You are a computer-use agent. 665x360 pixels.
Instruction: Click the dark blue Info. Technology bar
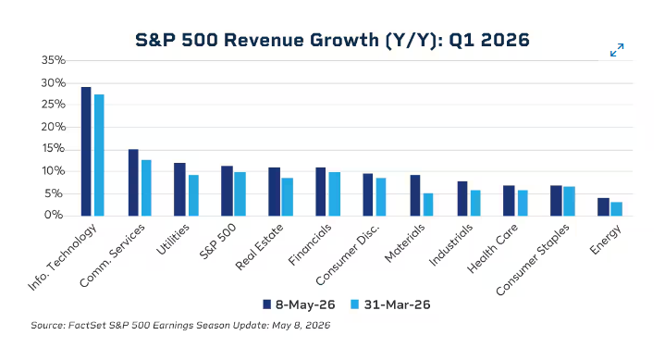tap(86, 151)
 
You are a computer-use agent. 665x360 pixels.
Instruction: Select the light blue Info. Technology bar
tap(99, 155)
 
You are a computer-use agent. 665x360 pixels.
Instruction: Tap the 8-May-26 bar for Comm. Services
tap(133, 182)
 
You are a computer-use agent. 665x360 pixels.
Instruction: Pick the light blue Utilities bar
tap(193, 195)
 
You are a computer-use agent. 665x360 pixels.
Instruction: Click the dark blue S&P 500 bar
tap(227, 191)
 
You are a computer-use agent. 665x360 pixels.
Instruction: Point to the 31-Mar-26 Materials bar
tap(428, 205)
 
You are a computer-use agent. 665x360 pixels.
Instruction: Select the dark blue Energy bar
tap(604, 206)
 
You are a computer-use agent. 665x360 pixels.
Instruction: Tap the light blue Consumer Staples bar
tap(569, 201)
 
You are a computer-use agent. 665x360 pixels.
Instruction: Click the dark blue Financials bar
tap(321, 192)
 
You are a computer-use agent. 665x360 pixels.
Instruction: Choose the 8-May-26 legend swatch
tap(266, 304)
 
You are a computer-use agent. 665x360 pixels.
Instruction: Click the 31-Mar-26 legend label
tap(397, 304)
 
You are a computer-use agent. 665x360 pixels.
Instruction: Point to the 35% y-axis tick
tap(54, 60)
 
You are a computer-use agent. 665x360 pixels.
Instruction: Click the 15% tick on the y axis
tap(54, 149)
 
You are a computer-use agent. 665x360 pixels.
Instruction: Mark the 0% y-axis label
tap(54, 215)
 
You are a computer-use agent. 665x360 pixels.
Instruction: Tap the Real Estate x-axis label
tap(259, 247)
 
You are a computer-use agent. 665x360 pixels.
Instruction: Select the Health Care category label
tap(492, 248)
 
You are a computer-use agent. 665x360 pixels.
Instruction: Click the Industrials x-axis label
tap(450, 245)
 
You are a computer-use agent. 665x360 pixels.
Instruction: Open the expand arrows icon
tap(617, 50)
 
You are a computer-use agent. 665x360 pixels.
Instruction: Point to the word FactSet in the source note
tap(87, 326)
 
